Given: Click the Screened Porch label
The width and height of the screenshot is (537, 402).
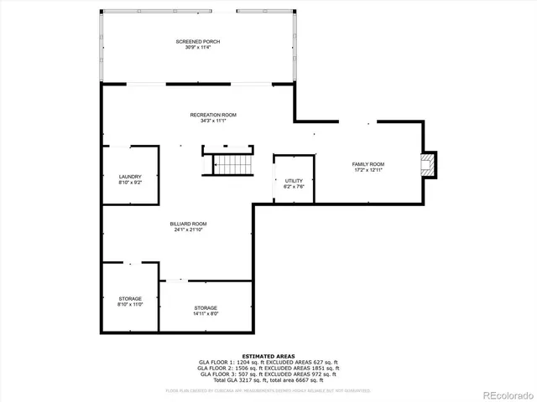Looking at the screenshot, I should [197, 41].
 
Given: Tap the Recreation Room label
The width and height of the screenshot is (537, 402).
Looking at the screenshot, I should [213, 115].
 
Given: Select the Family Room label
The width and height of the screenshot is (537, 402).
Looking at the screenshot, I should [368, 163].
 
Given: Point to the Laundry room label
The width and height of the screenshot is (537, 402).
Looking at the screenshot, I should [130, 176].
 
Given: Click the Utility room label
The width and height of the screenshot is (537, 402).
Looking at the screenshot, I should [293, 181].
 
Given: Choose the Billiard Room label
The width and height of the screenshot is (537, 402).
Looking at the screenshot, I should [188, 224].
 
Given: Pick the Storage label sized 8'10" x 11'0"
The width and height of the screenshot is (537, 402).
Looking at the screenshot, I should [130, 299].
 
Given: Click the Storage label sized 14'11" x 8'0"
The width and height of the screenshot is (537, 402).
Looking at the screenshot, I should [206, 307].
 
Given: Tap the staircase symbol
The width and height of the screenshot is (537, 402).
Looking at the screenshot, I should [232, 166].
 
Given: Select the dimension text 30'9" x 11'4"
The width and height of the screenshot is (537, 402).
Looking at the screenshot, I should [197, 47].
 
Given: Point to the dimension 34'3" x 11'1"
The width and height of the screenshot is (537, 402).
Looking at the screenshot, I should [213, 121].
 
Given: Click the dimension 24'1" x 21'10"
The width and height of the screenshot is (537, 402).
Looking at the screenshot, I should [188, 229].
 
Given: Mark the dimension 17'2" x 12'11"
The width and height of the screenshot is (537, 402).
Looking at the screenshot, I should [368, 169].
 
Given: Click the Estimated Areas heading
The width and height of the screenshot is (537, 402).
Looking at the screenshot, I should [268, 356].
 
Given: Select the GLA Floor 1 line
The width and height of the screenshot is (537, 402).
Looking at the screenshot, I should [268, 362].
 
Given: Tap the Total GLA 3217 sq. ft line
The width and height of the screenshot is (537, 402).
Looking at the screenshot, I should [268, 379].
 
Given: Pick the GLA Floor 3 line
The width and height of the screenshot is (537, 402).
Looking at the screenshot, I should [268, 374].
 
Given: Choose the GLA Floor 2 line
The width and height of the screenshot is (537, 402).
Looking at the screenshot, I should [268, 368].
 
